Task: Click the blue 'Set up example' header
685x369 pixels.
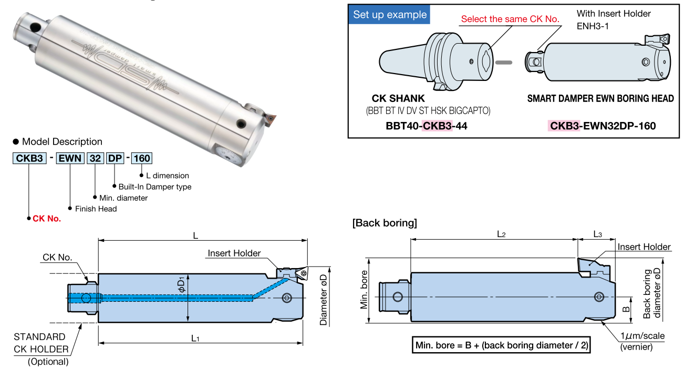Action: [x=389, y=15]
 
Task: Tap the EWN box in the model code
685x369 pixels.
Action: [x=69, y=158]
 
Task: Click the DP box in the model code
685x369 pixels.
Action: [x=114, y=158]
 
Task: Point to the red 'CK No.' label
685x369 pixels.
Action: [x=47, y=219]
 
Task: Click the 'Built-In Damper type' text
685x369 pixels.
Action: [x=154, y=187]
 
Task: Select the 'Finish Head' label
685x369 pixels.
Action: [x=96, y=209]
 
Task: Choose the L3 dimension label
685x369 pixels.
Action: [x=598, y=233]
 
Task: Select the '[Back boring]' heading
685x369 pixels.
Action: [x=385, y=223]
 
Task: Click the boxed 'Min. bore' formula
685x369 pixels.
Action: [x=502, y=345]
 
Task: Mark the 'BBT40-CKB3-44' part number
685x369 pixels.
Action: [x=426, y=126]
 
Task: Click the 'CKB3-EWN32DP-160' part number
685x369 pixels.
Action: [x=603, y=126]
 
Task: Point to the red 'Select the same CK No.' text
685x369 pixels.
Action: [x=510, y=19]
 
